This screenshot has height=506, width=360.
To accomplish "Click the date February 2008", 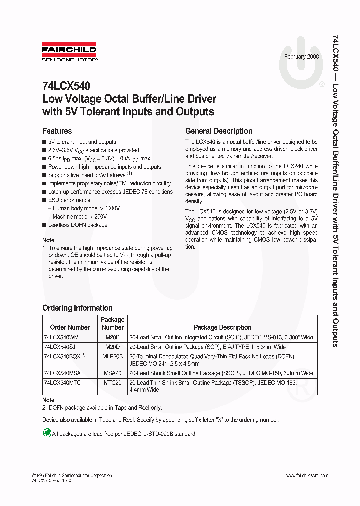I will [x=301, y=57].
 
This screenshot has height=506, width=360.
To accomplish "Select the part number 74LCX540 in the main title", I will [x=66, y=86].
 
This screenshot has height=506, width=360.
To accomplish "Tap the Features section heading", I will [x=57, y=131].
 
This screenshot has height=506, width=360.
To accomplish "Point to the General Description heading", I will [x=219, y=131].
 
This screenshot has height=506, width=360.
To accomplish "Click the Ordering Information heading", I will [x=77, y=308].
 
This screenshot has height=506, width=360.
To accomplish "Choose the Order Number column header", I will [x=70, y=327].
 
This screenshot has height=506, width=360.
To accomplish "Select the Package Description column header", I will [x=222, y=327].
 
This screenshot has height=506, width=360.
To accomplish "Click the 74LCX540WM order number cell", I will [x=61, y=338].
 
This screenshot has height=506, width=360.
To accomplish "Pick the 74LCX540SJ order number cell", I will [x=60, y=346].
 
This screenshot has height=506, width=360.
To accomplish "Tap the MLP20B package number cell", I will [x=112, y=356].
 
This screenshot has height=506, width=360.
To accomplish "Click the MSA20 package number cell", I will [x=112, y=373].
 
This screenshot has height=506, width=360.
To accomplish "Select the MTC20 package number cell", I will [x=112, y=382].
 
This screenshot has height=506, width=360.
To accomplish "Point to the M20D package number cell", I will [x=112, y=346].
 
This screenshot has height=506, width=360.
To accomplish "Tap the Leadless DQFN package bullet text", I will [x=77, y=225].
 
